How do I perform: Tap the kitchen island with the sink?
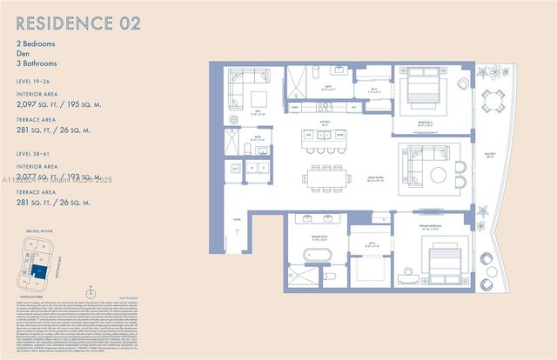pyautogui.click(x=319, y=137)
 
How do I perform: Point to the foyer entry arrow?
pyautogui.click(x=238, y=233)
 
